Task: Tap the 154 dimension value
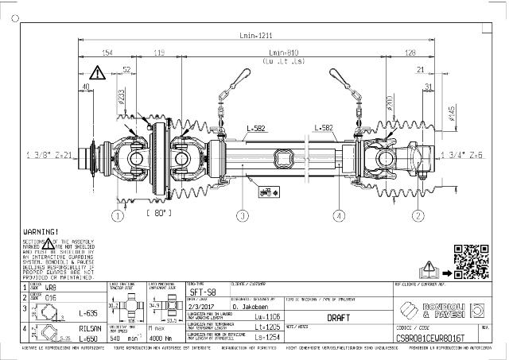[107, 53]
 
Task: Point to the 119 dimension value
[158, 53]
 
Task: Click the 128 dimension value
[410, 53]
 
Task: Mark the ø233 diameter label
[122, 96]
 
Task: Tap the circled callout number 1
[119, 215]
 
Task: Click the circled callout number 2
[417, 215]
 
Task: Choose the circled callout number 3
[243, 215]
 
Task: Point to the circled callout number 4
[339, 215]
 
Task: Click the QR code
[471, 260]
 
